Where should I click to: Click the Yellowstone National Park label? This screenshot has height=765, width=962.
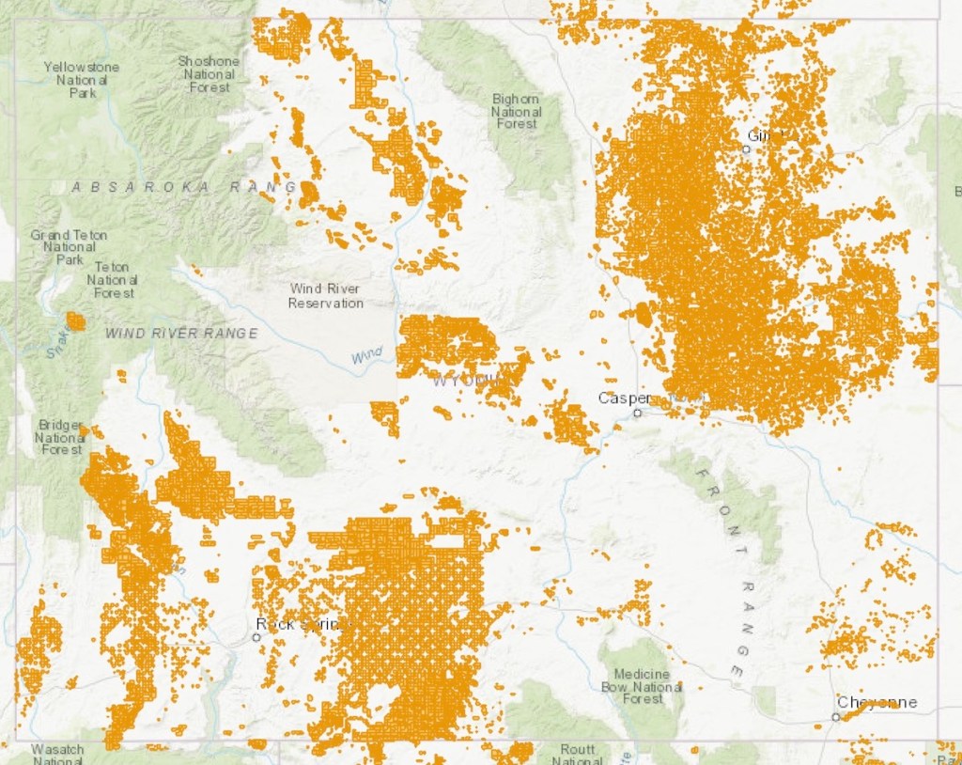pos(82,80)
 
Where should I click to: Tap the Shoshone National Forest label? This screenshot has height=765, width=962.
pos(209,73)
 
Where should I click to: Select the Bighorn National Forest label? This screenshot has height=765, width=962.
pos(516,111)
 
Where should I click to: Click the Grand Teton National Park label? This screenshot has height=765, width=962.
pos(69,246)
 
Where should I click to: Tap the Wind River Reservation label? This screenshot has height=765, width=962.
pos(325,296)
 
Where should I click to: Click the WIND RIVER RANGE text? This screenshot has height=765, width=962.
pos(181,333)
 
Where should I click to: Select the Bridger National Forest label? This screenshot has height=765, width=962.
pos(60,437)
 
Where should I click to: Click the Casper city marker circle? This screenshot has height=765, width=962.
pos(637,412)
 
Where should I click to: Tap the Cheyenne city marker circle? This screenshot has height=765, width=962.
pos(835,717)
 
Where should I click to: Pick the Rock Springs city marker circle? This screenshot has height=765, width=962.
pos(256,636)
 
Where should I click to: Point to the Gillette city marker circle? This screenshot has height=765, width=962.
pos(746,148)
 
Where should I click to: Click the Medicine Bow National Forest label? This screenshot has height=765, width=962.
pos(643,686)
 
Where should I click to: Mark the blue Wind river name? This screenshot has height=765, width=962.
pos(367,355)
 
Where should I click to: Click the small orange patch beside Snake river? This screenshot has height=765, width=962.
pos(75,321)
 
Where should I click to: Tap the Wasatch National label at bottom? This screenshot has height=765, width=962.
pos(58,754)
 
